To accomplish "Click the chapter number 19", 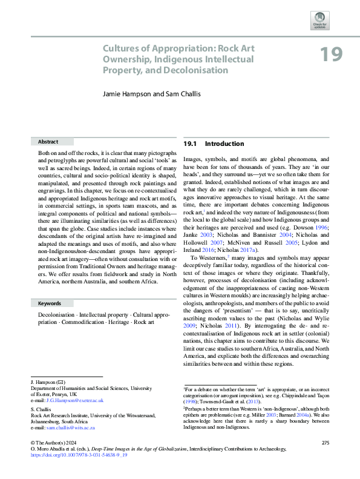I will (332, 55).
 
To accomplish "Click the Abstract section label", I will (48, 141).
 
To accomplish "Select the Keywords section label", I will (50, 303).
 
